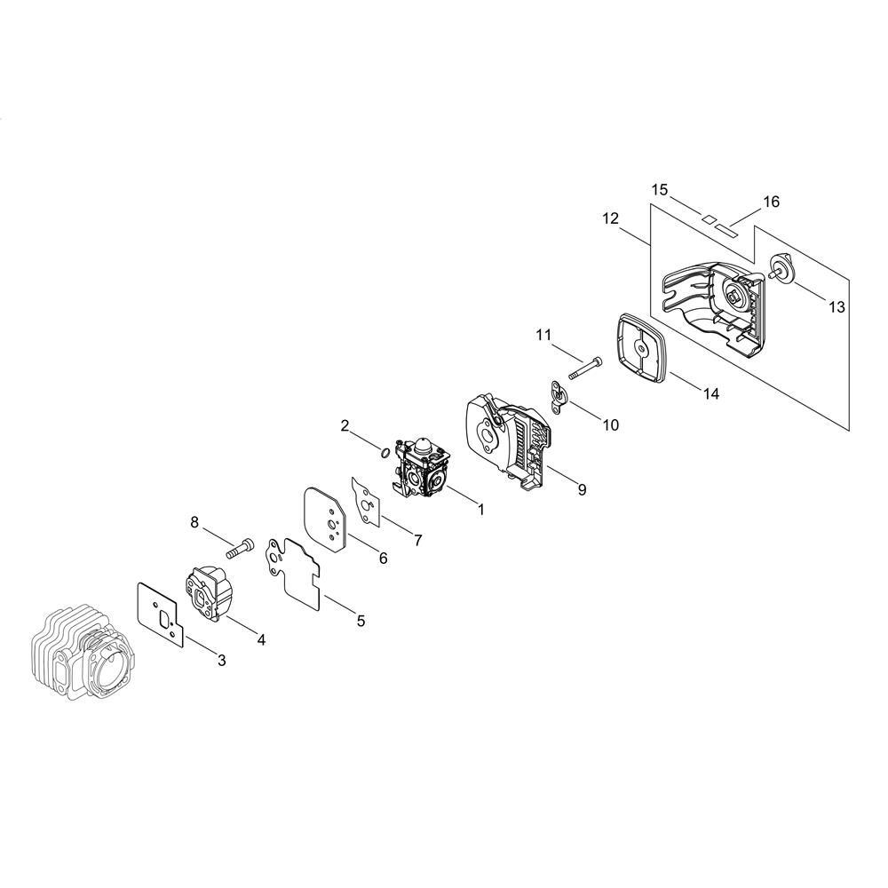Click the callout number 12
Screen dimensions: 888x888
coord(611,218)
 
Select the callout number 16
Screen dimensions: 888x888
coord(772,202)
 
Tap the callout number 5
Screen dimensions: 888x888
coord(361,621)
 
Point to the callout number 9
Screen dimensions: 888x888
coord(582,490)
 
